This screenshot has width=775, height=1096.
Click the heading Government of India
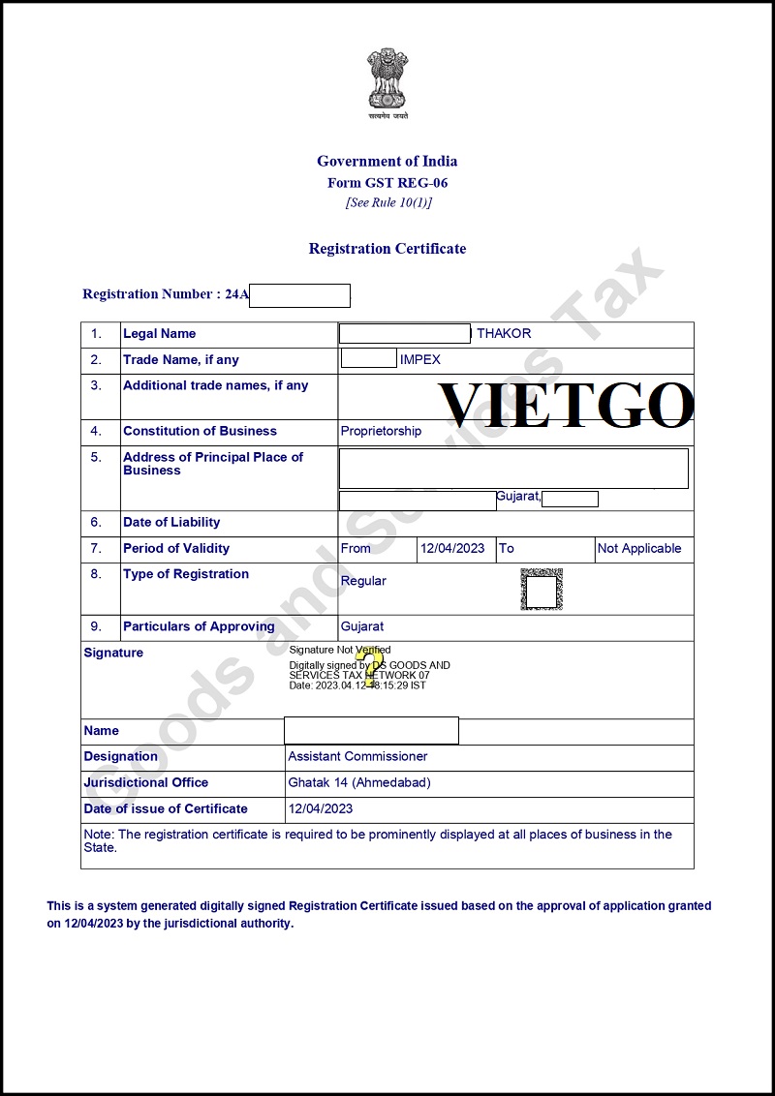[387, 161]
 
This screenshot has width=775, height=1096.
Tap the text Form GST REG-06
[387, 182]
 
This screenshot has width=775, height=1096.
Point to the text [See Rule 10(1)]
[387, 202]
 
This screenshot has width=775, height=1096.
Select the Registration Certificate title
[387, 249]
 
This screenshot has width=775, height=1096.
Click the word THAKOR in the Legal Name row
[504, 334]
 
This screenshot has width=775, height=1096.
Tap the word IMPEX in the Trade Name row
[419, 360]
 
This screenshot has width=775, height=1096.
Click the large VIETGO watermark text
[567, 405]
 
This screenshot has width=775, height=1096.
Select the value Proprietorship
[381, 432]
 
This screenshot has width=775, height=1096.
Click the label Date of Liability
[171, 523]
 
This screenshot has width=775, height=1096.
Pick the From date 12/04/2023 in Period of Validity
[452, 549]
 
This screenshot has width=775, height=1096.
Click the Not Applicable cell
[639, 549]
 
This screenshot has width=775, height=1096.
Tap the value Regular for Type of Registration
[363, 581]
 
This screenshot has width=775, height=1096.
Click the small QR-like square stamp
[541, 590]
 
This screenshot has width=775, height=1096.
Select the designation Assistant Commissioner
[357, 757]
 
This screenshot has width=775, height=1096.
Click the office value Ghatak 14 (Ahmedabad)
[359, 783]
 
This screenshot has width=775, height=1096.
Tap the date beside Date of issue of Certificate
[321, 809]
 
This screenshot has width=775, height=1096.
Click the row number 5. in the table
[97, 458]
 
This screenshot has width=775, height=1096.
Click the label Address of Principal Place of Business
[212, 464]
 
